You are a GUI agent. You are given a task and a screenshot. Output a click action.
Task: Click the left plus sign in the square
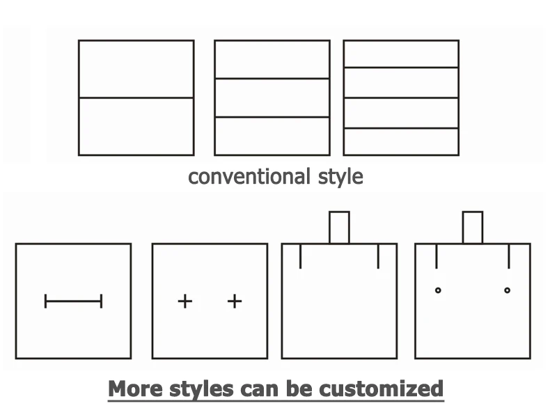tap(184, 301)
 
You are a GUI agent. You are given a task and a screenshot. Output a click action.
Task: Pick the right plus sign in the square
tap(235, 301)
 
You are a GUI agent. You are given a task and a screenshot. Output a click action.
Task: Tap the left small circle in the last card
tap(438, 290)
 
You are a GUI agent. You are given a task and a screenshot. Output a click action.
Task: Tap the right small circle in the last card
tap(507, 290)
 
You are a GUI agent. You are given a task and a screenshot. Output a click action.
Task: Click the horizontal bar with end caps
tap(73, 301)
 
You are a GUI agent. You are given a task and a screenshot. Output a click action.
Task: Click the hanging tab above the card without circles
tap(339, 227)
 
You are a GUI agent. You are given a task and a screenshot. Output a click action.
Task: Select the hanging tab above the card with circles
tap(472, 227)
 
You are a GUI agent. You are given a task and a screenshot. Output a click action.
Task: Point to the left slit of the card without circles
tap(300, 256)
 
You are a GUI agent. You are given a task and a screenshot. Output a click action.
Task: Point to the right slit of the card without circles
tap(378, 256)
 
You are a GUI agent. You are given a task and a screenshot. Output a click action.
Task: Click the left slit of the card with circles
tap(437, 256)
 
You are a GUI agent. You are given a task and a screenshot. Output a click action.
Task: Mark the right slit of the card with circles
tap(509, 256)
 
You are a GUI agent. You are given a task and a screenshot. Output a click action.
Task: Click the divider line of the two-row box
tap(136, 97)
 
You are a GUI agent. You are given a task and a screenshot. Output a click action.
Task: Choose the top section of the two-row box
tap(136, 69)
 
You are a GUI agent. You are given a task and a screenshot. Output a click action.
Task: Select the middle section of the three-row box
tap(272, 97)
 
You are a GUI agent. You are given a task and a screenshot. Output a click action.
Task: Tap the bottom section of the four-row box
tap(401, 141)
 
